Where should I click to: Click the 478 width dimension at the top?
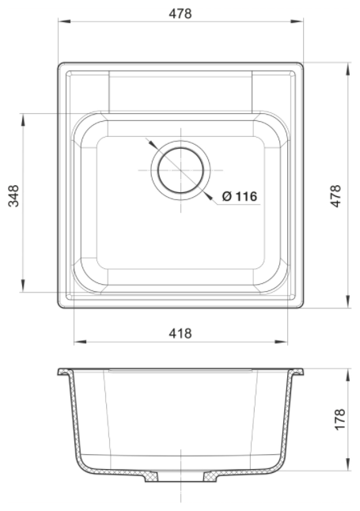pyautogui.click(x=180, y=13)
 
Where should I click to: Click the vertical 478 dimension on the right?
pyautogui.click(x=335, y=196)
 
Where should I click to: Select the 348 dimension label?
pyautogui.click(x=13, y=196)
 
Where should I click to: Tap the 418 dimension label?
pyautogui.click(x=180, y=333)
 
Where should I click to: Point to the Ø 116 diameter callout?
pyautogui.click(x=240, y=196)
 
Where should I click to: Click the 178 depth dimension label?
pyautogui.click(x=339, y=419)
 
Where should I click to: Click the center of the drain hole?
pyautogui.click(x=180, y=170)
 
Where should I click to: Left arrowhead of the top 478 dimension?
pyautogui.click(x=65, y=21)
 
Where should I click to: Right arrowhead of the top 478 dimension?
pyautogui.click(x=297, y=21)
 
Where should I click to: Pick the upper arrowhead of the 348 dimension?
pyautogui.click(x=23, y=119)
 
